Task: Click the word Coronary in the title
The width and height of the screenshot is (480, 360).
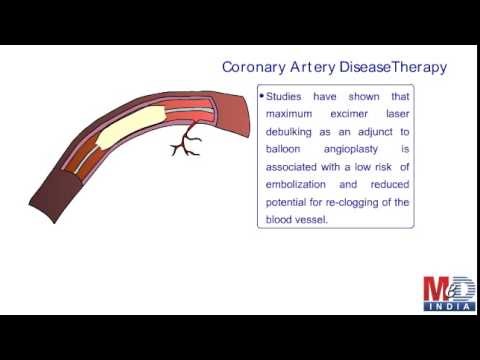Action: [255, 68]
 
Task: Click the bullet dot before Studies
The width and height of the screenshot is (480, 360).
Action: [262, 97]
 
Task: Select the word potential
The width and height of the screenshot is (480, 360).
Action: [288, 202]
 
